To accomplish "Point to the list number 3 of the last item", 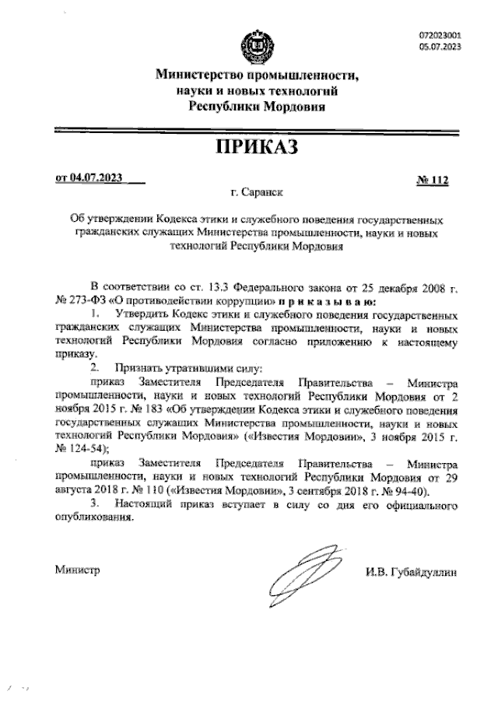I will (93, 504).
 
